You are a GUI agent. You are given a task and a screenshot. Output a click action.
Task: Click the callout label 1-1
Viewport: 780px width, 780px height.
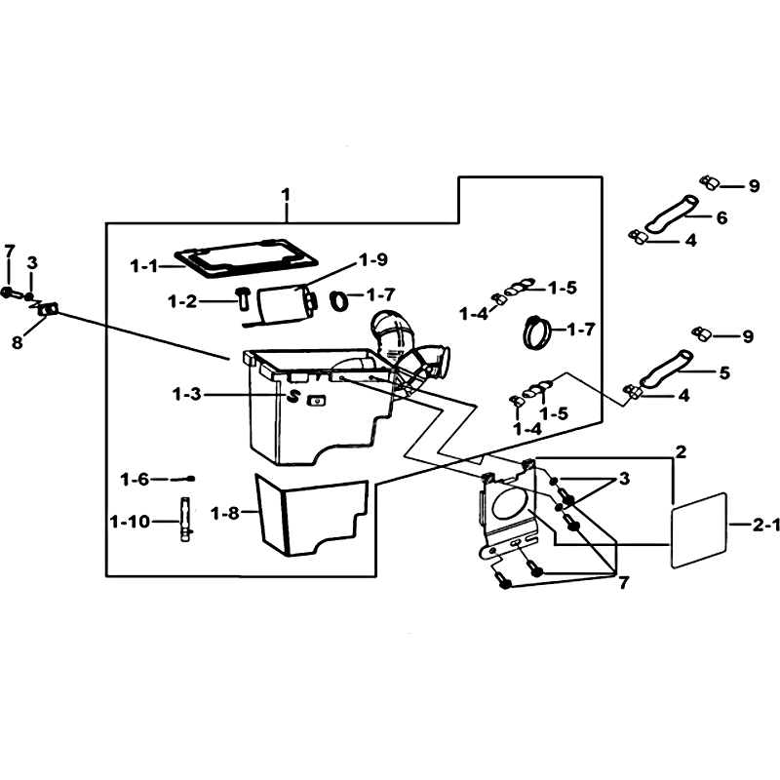coord(143,266)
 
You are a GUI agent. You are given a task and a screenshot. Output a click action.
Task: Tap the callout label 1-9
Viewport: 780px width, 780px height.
coord(373,259)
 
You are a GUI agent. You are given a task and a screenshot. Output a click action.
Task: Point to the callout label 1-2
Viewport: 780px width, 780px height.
coord(182,301)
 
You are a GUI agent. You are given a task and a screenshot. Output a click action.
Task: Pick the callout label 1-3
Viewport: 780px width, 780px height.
coord(187,395)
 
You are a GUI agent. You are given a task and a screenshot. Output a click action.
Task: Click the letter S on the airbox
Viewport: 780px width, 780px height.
coord(293,397)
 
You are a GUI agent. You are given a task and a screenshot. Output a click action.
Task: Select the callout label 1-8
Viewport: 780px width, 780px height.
coord(225,513)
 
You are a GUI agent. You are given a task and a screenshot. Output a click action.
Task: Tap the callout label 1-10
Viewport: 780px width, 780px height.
coord(130,522)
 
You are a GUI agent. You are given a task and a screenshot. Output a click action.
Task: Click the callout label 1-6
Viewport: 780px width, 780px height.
coord(135,480)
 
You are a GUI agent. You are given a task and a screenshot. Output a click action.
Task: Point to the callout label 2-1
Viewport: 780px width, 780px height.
coord(764,525)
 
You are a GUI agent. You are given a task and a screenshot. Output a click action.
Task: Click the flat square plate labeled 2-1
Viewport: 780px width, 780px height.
coord(699,529)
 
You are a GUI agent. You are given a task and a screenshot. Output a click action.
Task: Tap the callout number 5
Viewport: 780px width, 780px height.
coord(723,372)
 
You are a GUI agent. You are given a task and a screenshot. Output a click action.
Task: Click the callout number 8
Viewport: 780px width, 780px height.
coord(18,342)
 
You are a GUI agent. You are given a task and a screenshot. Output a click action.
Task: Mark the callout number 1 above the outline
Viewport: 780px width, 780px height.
coord(285,194)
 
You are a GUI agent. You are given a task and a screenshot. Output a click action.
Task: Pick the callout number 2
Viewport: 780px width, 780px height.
coord(681,451)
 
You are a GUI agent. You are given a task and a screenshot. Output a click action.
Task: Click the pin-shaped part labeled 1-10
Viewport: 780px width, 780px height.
coord(186,522)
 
